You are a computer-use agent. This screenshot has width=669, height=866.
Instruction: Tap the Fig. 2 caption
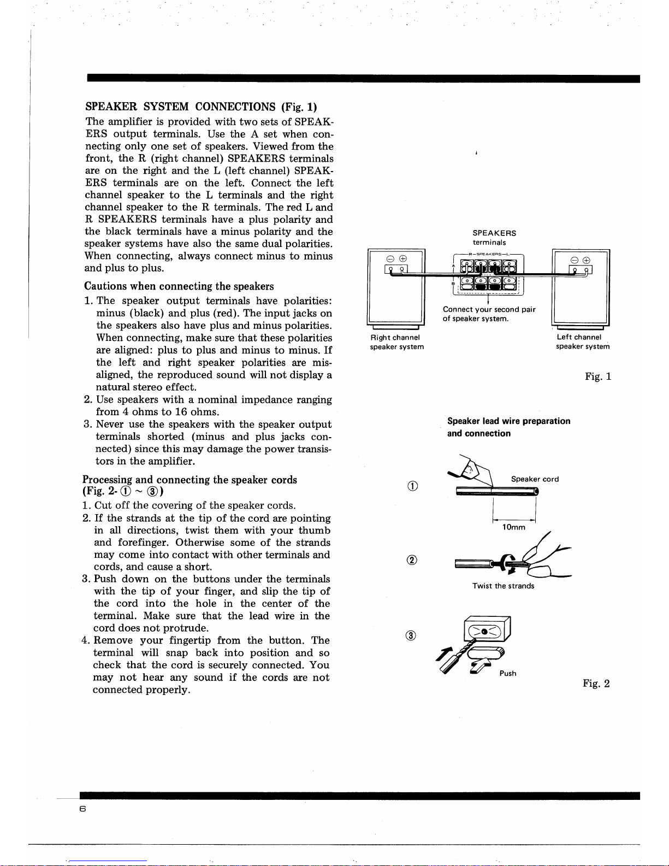(596, 683)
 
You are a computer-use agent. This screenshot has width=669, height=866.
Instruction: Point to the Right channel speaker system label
(396, 342)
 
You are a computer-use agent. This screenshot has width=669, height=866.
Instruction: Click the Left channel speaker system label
(582, 342)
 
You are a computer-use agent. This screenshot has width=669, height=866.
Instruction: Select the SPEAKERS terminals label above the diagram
(494, 237)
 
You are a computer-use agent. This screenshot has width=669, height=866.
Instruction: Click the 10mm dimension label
(514, 527)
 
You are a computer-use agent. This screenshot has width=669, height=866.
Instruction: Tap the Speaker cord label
(535, 479)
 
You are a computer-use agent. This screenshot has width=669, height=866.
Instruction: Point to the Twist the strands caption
(503, 586)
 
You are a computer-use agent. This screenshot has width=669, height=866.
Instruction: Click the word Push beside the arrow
(507, 673)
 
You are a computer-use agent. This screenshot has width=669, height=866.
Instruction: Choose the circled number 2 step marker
(413, 560)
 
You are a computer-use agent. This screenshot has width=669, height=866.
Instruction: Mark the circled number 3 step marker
(413, 635)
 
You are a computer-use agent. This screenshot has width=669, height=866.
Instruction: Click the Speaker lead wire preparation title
(508, 421)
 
